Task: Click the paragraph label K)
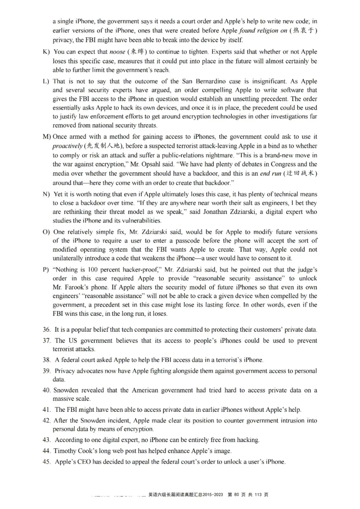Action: click(46, 52)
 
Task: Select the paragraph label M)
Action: click(47, 137)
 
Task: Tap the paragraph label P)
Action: click(46, 269)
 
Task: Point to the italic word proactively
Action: click(67, 146)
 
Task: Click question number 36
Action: click(46, 330)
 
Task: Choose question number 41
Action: click(46, 409)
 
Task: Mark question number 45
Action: click(46, 462)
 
